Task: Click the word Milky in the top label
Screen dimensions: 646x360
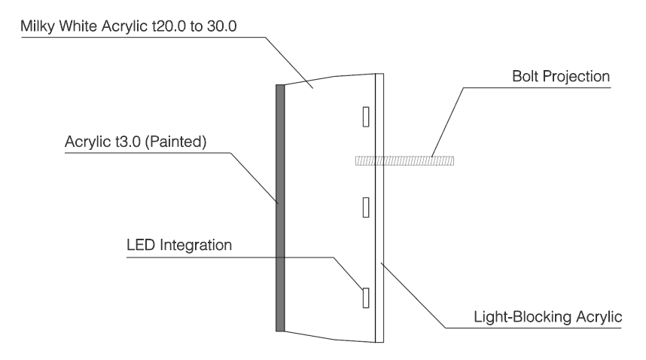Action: tap(38, 26)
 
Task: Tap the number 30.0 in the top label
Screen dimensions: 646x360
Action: tap(221, 26)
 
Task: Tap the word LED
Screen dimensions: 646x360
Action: tap(141, 245)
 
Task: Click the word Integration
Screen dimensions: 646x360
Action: tap(196, 246)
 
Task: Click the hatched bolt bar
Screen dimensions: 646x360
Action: tap(404, 160)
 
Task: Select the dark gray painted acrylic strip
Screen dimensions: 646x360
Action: tap(280, 208)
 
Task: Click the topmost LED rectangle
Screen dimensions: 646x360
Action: tap(366, 117)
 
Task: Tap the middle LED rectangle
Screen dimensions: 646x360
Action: tap(366, 207)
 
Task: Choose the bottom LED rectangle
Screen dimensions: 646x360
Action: tap(366, 297)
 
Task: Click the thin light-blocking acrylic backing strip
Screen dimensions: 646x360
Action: tap(379, 208)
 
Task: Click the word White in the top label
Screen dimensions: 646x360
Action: tap(78, 26)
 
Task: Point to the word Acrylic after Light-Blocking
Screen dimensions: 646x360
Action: tap(599, 317)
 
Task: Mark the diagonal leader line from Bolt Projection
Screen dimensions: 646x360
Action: tap(447, 122)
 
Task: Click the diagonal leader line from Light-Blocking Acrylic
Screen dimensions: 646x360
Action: tap(413, 295)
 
